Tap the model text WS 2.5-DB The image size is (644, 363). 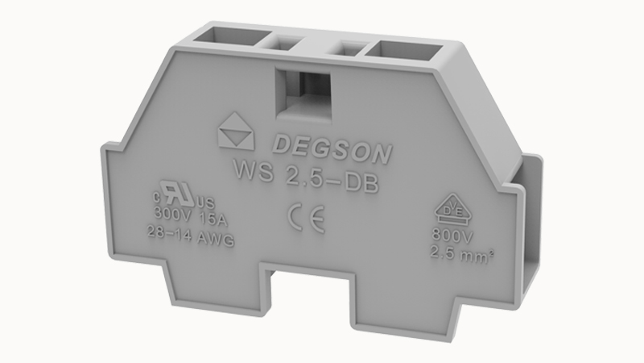(305, 174)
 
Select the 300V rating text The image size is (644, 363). (170, 215)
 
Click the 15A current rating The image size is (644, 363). (207, 215)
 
